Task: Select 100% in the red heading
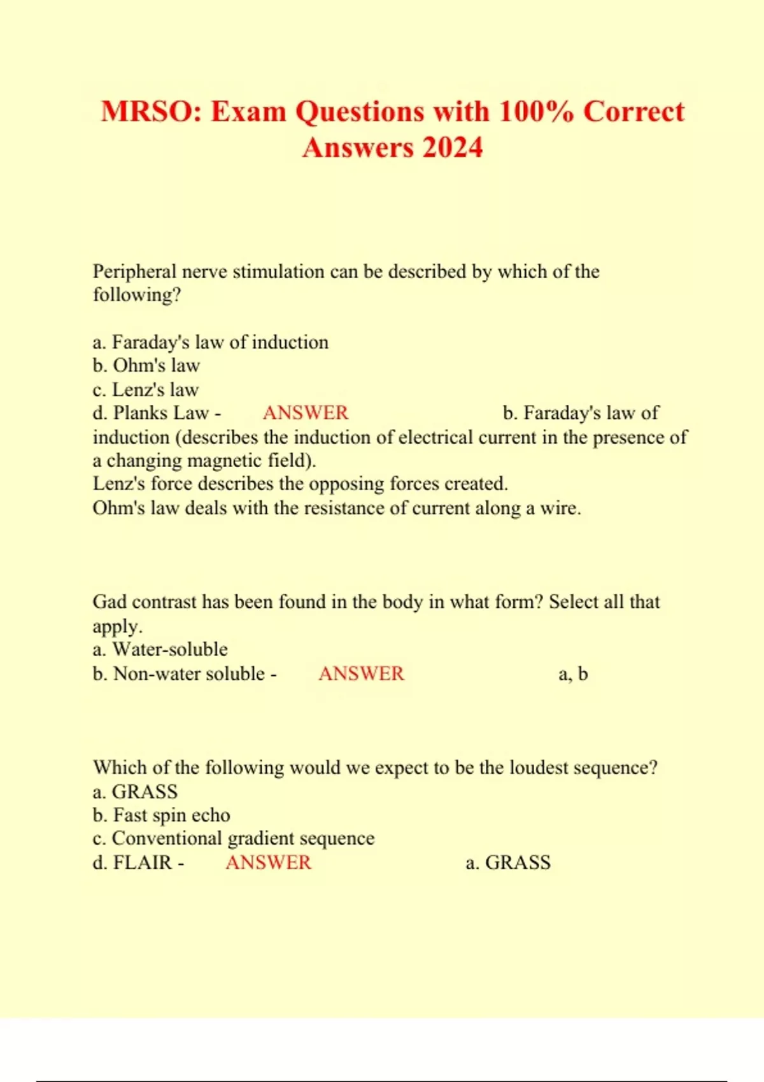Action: pos(536,112)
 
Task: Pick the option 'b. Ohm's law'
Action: pos(146,366)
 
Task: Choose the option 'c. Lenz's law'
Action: pos(146,390)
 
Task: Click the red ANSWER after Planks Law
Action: pos(306,413)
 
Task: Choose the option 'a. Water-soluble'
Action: pos(160,650)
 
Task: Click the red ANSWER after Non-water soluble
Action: pos(361,674)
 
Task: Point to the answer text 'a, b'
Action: pos(573,674)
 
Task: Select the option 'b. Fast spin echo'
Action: pos(161,815)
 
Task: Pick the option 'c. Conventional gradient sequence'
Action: pos(234,839)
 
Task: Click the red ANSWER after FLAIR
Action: pos(269,863)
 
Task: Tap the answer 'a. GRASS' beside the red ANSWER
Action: pos(508,863)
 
